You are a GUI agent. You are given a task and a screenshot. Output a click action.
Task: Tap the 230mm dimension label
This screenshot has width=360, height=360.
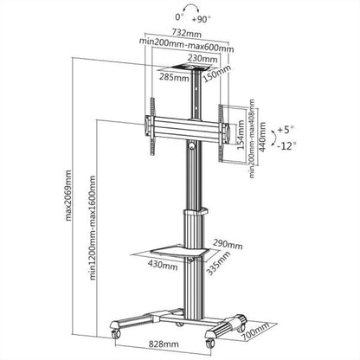click(184, 59)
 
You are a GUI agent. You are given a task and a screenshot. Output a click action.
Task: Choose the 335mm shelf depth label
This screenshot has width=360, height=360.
click(218, 273)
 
